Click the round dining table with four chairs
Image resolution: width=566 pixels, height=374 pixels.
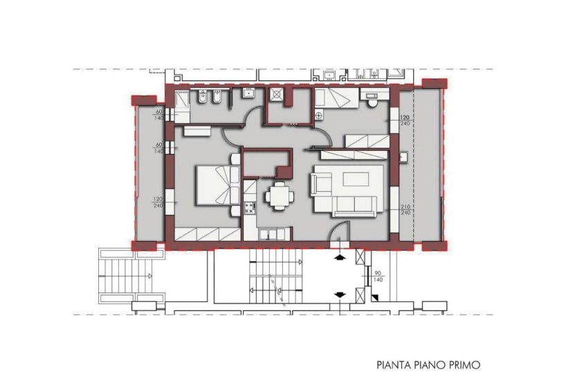pos(280,196)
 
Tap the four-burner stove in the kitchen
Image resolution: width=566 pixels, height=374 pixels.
pos(249,208)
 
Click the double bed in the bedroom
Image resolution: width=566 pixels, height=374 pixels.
pos(217,184)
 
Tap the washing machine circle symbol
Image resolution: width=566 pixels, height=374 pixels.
pos(319,116)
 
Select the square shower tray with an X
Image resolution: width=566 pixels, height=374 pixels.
pos(277,94)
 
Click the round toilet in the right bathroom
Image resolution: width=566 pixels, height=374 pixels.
pos(372,104)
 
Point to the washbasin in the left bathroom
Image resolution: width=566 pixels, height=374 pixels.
pos(248,93)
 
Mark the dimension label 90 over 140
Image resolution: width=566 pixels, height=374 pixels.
pos(378,276)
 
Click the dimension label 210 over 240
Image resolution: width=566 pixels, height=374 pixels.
pos(405,210)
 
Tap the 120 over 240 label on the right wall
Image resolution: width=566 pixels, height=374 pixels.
pos(405,121)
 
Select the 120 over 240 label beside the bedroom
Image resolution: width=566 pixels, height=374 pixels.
pos(158,202)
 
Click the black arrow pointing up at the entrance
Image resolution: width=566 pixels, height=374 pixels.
pos(339,258)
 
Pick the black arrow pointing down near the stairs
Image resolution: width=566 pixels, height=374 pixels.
pos(339,295)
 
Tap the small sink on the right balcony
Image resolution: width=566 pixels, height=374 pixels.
pos(403,157)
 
